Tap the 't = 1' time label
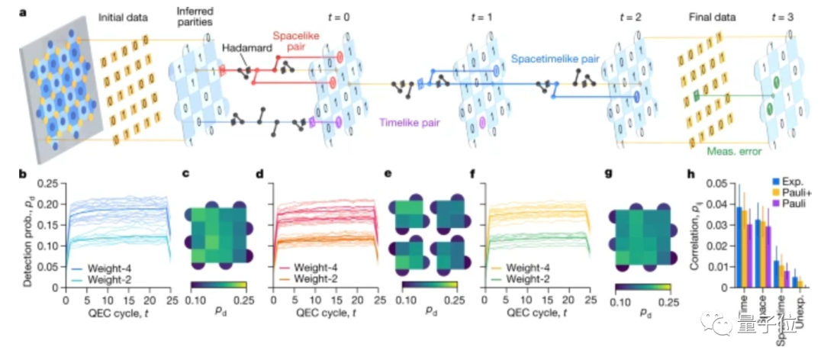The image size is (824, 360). point(481,15)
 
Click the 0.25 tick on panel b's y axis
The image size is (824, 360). point(50,183)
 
